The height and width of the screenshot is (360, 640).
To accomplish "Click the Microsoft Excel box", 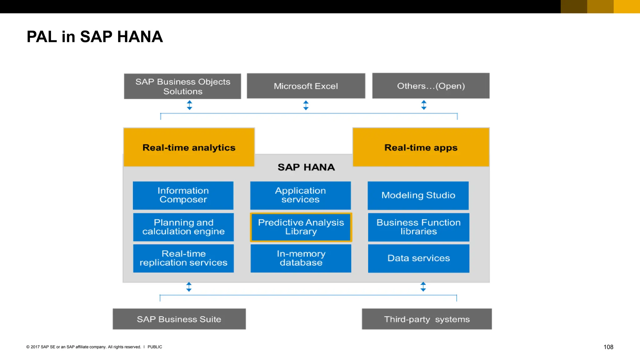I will click(306, 86).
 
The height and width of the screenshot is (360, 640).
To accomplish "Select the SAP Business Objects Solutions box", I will click(182, 86).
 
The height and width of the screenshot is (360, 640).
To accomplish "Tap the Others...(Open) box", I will click(431, 86).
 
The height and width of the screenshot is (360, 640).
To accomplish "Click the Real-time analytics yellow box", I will click(189, 147).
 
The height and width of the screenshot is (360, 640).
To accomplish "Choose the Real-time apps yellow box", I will click(421, 147).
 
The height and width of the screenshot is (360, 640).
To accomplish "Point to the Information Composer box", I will click(183, 195).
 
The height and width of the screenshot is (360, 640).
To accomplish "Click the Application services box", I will click(300, 195).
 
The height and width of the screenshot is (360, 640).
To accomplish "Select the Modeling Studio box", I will click(418, 195).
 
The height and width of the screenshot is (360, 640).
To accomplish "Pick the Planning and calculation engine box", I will click(183, 227).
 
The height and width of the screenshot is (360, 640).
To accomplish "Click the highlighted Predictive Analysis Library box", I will click(301, 227).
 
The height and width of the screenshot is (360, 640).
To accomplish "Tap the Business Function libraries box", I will click(418, 227).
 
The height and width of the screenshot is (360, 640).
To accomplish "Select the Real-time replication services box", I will click(183, 258).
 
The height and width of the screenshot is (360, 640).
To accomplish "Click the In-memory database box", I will click(301, 258).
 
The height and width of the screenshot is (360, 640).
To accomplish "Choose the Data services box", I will click(418, 258).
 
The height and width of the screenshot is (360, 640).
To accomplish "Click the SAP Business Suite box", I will click(179, 319).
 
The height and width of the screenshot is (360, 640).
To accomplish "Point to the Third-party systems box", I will click(427, 319).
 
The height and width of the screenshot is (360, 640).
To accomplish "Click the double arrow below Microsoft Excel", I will click(306, 105).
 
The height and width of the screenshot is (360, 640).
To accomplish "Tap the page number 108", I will click(608, 347).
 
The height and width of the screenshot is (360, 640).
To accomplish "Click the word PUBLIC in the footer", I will click(155, 347).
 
